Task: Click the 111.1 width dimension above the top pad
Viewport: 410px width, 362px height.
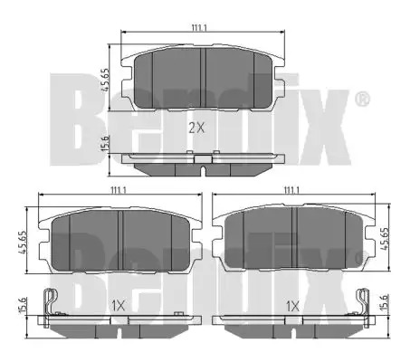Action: [199, 28]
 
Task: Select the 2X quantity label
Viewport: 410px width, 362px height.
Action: [196, 129]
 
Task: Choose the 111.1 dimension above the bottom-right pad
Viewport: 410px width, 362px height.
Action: [291, 190]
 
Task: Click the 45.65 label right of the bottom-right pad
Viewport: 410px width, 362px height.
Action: [385, 239]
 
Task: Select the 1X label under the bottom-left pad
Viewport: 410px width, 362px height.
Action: [118, 307]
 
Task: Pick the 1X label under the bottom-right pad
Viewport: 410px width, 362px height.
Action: [292, 307]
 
